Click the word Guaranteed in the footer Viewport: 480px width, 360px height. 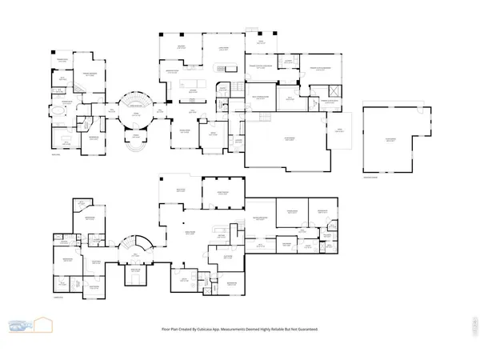point(302,329)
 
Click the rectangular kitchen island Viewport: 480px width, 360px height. point(193,83)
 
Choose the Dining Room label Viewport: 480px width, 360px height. point(183,131)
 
